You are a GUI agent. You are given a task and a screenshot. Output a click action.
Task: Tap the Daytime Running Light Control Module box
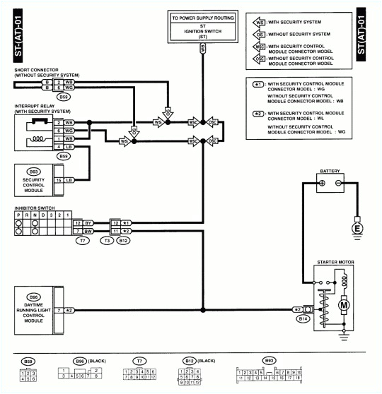click(33, 309)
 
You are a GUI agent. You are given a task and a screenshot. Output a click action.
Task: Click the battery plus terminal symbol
click(321, 183)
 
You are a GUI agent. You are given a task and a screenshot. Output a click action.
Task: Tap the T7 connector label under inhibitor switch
click(82, 241)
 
